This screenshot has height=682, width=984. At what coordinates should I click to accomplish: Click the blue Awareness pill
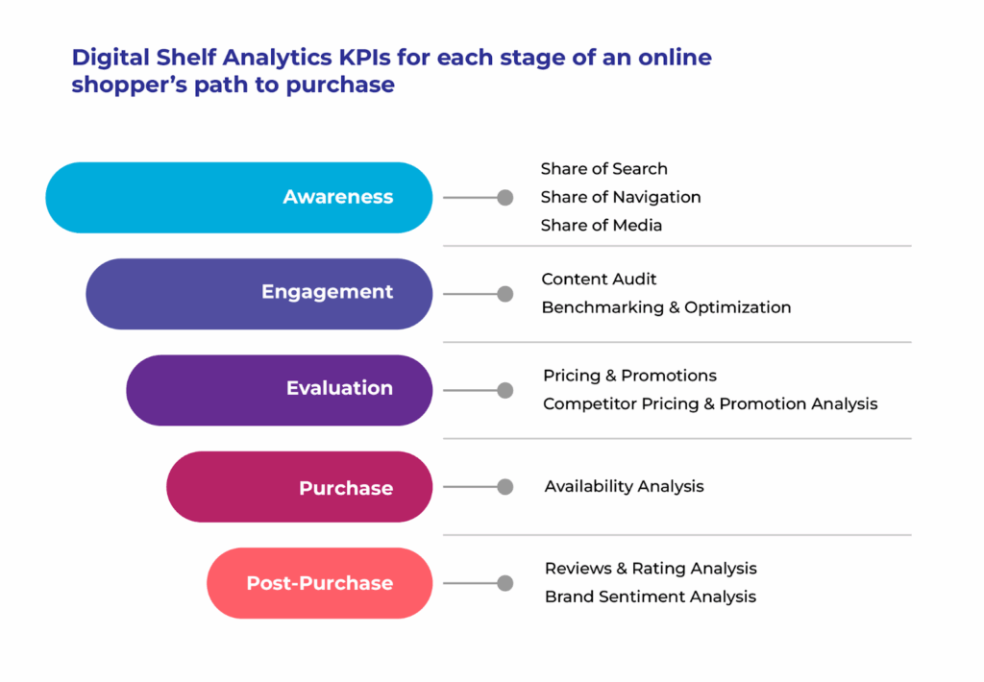[x=239, y=198]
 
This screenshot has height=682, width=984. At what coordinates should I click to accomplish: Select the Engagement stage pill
[x=259, y=294]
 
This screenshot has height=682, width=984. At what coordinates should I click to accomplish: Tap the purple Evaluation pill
[x=280, y=390]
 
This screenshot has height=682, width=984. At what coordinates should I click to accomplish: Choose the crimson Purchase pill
[x=300, y=487]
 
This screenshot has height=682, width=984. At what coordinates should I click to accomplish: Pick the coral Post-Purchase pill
[x=319, y=583]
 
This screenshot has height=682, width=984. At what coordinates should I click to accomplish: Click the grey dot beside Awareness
[x=505, y=198]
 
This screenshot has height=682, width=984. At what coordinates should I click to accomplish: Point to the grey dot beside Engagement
[x=505, y=294]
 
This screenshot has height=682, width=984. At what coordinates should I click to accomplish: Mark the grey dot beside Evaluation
[x=505, y=390]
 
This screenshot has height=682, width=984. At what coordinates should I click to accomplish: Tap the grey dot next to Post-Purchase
[x=505, y=583]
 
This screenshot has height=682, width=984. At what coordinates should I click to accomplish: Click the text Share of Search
[x=603, y=169]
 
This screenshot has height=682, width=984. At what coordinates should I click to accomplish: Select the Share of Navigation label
[x=621, y=197]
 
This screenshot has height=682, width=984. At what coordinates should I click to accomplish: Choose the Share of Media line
[x=602, y=225]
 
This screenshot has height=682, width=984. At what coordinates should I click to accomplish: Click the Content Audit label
[x=599, y=280]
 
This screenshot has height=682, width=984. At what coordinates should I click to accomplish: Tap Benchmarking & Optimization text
[x=666, y=307]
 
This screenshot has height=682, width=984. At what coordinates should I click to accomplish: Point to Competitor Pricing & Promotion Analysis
[x=710, y=404]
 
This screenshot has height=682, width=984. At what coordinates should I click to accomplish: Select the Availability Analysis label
[x=624, y=486]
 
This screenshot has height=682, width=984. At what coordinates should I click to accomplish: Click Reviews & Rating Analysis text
[x=651, y=569]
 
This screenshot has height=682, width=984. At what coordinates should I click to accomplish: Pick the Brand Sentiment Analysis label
[x=651, y=597]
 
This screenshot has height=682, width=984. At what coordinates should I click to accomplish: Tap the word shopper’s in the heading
[x=130, y=85]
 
